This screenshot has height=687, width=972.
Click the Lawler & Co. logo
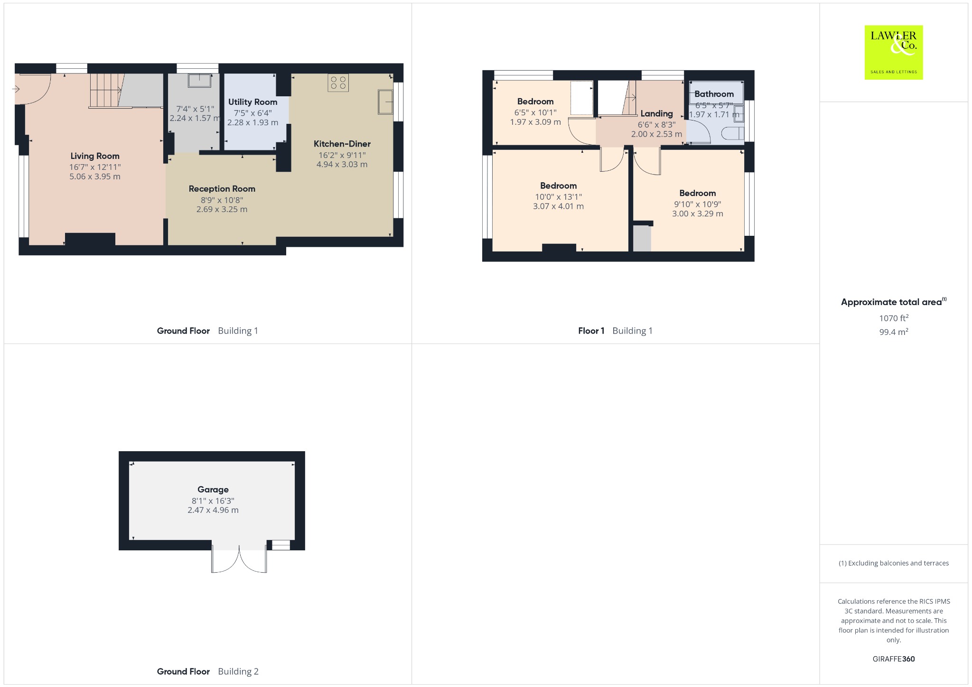pyautogui.click(x=893, y=52)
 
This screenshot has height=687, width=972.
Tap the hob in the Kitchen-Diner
pyautogui.click(x=338, y=83)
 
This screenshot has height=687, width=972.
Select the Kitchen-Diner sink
pyautogui.click(x=385, y=102)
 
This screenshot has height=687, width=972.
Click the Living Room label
pyautogui.click(x=95, y=156)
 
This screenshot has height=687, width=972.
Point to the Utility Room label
pyautogui.click(x=252, y=102)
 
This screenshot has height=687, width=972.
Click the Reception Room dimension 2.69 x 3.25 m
pyautogui.click(x=222, y=209)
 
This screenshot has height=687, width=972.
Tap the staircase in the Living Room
pyautogui.click(x=107, y=91)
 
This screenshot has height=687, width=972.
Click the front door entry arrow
pyautogui.click(x=16, y=89)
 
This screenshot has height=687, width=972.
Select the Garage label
pyautogui.click(x=213, y=490)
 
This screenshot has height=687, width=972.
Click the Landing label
pyautogui.click(x=657, y=113)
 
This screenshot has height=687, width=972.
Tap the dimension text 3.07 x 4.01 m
pyautogui.click(x=559, y=206)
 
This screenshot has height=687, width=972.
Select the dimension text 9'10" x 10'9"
pyautogui.click(x=698, y=204)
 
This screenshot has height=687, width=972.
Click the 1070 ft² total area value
pyautogui.click(x=894, y=318)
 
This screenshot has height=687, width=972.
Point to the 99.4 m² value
pyautogui.click(x=894, y=332)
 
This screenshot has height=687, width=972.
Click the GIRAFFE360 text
pyautogui.click(x=894, y=659)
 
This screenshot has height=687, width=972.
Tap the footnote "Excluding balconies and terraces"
pyautogui.click(x=898, y=563)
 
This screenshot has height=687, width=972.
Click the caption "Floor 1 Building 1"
pyautogui.click(x=615, y=331)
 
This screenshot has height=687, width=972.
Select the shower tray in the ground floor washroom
pyautogui.click(x=199, y=81)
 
